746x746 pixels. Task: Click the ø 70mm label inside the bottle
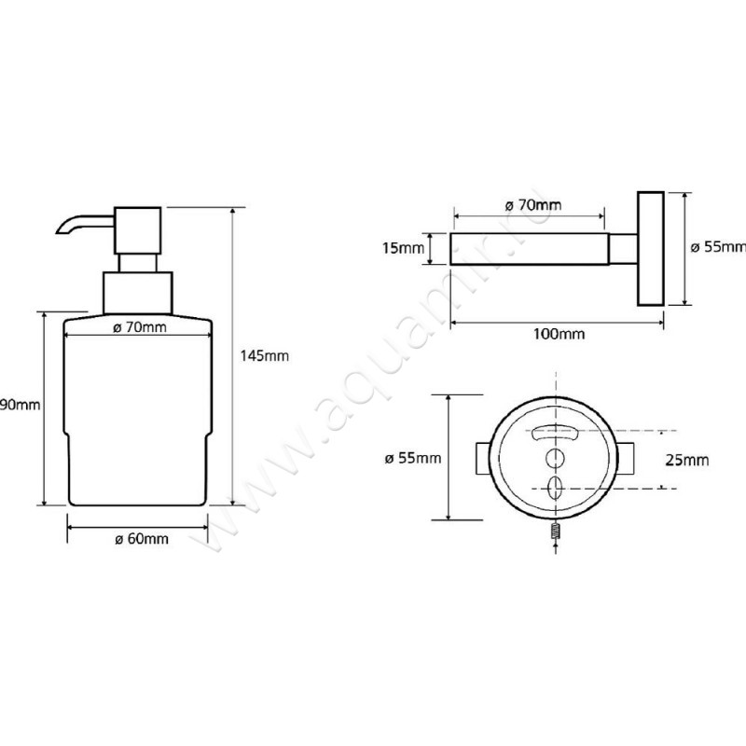pos(139,327)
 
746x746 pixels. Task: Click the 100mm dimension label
pos(558,334)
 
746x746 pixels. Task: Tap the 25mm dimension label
pos(689,460)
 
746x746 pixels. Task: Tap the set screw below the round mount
pos(556,534)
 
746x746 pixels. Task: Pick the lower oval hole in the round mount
pos(556,488)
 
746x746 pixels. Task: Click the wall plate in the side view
pos(651,249)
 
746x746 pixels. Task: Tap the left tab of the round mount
pos(482,459)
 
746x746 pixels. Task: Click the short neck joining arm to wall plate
pos(623,249)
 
